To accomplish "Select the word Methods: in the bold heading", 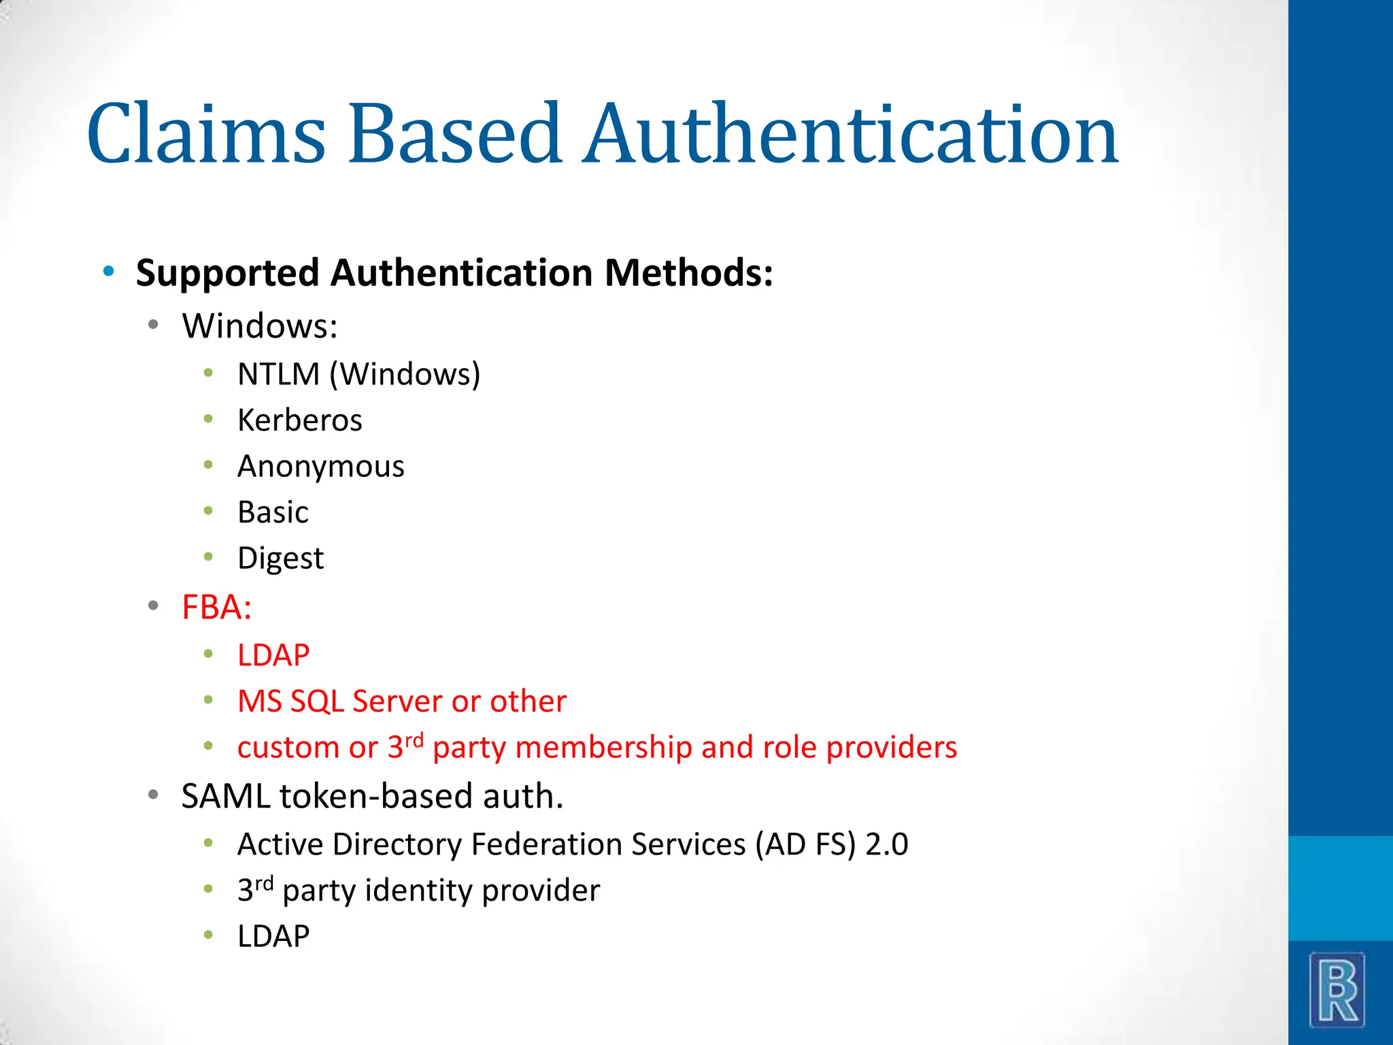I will point(688,273).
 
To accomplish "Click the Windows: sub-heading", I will point(260,327).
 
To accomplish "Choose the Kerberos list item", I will point(299,420).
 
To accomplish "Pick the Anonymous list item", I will point(320,467).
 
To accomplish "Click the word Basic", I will point(273,512).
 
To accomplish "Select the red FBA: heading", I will point(216,607).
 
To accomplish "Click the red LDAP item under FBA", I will point(273,655).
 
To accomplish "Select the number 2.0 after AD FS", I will point(886,845).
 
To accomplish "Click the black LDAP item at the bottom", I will point(273,937).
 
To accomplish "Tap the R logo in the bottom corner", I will point(1337,990).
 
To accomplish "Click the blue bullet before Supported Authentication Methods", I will point(109,272).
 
